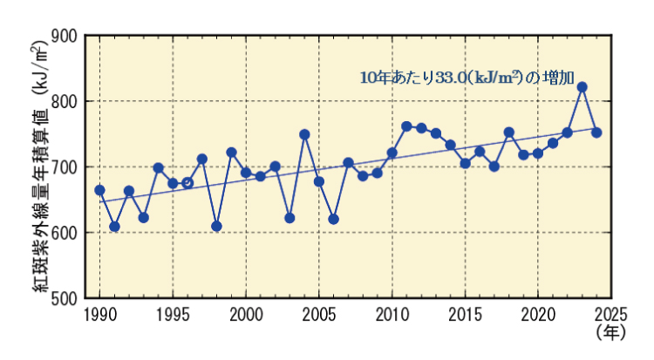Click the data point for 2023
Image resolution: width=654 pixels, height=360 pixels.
pos(582,87)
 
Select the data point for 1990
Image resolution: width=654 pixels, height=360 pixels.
pos(99,190)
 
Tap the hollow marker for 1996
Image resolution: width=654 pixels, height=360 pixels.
pos(187,183)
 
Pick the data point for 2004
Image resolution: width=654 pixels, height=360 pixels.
pos(304,134)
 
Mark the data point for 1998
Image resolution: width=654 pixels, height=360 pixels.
pos(216,226)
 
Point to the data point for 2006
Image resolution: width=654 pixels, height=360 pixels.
pos(333,219)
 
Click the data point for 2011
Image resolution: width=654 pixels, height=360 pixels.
pos(406,126)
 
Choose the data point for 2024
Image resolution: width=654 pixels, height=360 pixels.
pos(596,132)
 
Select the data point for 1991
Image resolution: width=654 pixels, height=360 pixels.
pos(114,227)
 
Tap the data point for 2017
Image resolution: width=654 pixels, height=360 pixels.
pos(494,166)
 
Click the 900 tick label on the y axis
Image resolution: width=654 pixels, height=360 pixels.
pos(66,37)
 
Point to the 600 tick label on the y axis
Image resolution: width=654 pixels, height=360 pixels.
pos(66,233)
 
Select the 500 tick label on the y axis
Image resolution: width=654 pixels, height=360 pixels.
pos(66,298)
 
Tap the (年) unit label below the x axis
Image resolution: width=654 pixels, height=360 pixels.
pos(610,332)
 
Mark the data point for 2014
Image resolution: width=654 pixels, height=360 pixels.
pos(450,145)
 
